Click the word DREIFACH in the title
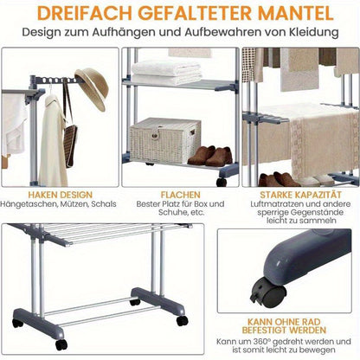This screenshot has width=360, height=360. tap(85, 13)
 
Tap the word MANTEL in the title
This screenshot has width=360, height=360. tap(296, 13)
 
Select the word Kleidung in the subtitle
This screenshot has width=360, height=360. tap(314, 32)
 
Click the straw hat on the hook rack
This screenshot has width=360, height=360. tap(92, 89)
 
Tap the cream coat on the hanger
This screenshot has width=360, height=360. tap(53, 141)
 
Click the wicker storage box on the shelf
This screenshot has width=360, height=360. tap(165, 141)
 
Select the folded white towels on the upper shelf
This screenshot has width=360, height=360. tap(166, 73)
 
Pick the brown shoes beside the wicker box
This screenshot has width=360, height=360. tap(210, 157)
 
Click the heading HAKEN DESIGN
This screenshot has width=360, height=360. tap(60, 195)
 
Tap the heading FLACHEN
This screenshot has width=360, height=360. tap(180, 195)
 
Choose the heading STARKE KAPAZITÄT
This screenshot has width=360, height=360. tap(300, 195)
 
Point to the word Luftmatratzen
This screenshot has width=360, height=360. tap(277, 204)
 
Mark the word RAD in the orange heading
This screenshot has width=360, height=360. tap(311, 322)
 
